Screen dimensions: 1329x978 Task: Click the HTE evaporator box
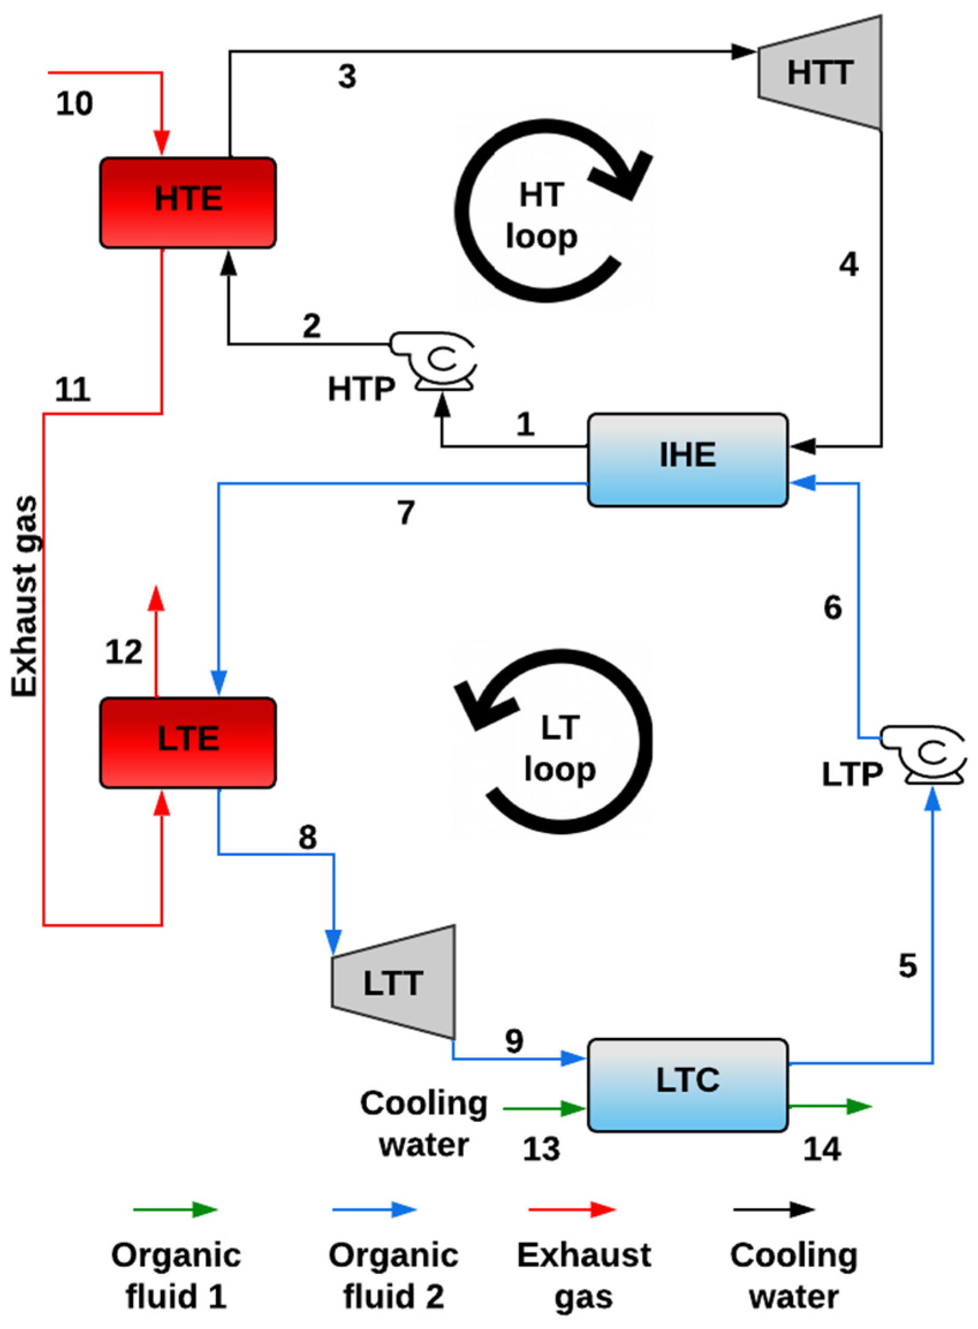(188, 203)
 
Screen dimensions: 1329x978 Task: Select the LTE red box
(188, 742)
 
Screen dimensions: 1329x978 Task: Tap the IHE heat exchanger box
(687, 460)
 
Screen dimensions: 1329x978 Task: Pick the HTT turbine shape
(820, 72)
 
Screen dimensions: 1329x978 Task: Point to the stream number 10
(75, 104)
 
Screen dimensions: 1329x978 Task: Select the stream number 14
(821, 1149)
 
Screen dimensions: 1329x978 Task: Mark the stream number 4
(848, 265)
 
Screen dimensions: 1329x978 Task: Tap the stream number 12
(124, 652)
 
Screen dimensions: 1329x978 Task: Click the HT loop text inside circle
(541, 216)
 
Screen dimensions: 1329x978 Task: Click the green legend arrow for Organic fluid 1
(176, 1209)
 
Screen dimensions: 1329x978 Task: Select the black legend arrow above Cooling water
(774, 1209)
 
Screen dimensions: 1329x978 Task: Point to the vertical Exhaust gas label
(25, 597)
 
